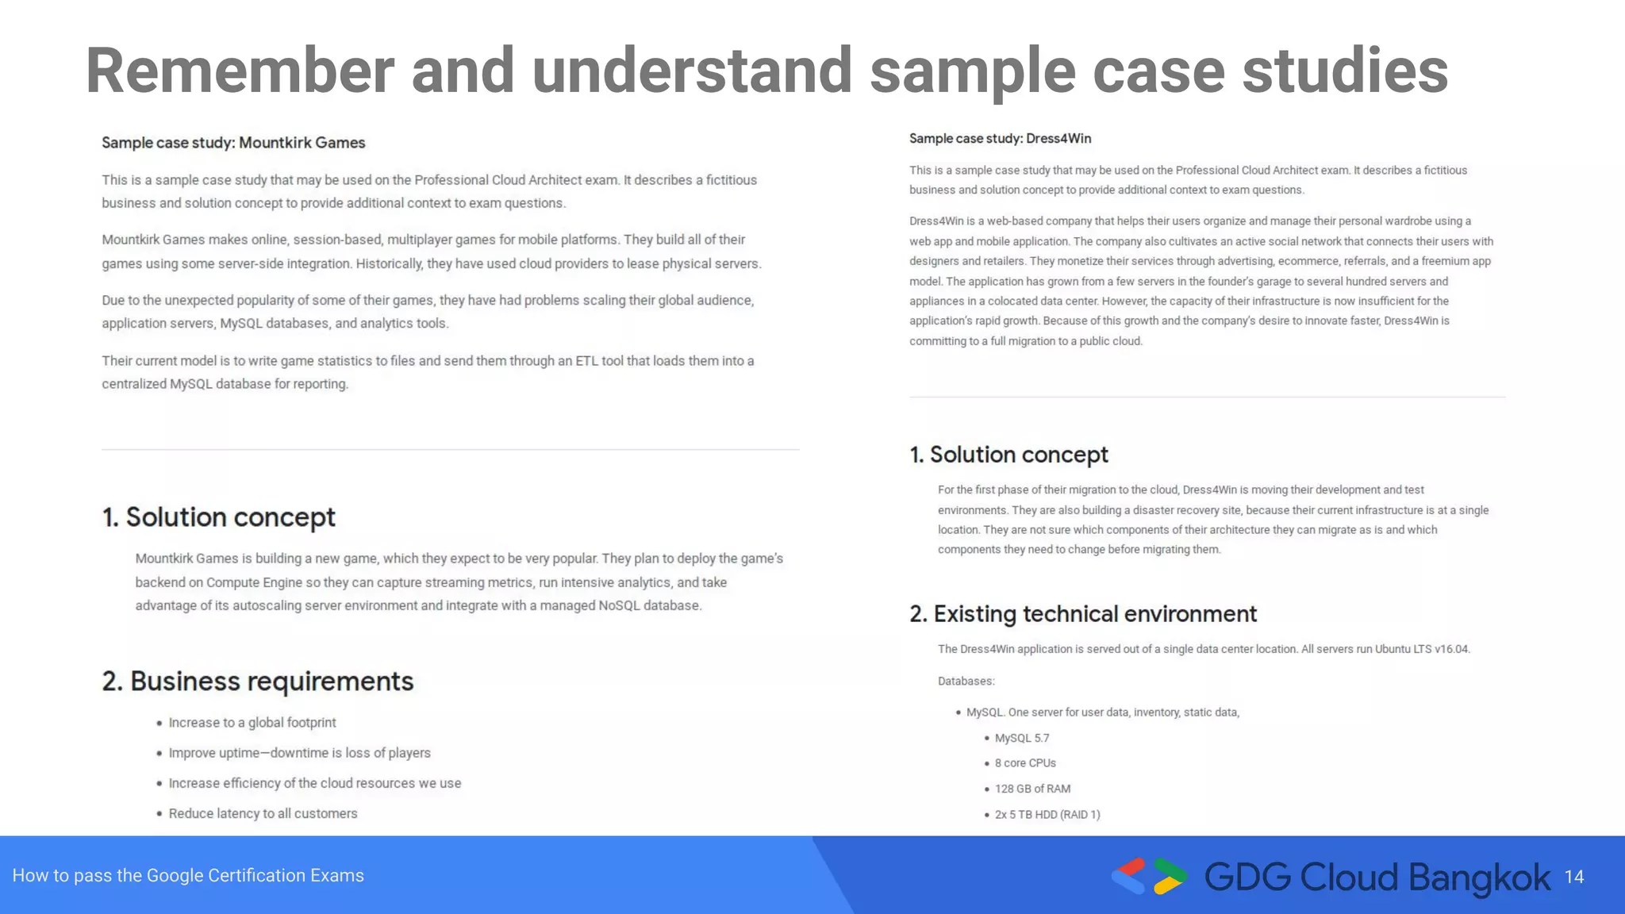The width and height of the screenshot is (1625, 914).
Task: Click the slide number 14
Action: (1573, 877)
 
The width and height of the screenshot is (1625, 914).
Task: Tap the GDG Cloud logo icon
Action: (1149, 877)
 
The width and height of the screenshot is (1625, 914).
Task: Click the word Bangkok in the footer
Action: (1479, 878)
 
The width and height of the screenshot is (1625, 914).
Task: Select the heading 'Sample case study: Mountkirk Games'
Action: (233, 143)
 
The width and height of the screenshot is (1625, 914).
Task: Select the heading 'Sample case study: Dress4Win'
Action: (1000, 139)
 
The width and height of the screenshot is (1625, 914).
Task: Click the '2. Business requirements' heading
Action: (258, 682)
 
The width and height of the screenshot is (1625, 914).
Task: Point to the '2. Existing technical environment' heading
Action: (1083, 614)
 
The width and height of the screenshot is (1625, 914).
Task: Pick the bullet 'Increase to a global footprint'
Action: (252, 723)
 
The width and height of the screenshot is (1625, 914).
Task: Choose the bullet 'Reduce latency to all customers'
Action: (263, 813)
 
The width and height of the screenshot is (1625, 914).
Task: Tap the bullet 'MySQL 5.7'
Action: (1022, 738)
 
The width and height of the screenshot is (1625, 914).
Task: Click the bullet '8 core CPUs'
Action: (1025, 763)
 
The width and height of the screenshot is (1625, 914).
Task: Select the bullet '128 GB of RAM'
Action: (1032, 789)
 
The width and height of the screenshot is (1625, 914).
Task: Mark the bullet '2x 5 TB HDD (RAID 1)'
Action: (1047, 815)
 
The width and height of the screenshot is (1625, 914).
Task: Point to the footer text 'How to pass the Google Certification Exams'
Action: (188, 876)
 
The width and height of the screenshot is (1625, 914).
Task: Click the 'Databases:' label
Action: (966, 682)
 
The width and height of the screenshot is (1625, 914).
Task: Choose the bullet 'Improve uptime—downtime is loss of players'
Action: (299, 753)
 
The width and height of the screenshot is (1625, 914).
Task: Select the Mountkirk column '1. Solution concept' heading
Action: (219, 517)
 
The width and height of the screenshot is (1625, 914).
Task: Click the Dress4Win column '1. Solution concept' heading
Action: (1008, 455)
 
